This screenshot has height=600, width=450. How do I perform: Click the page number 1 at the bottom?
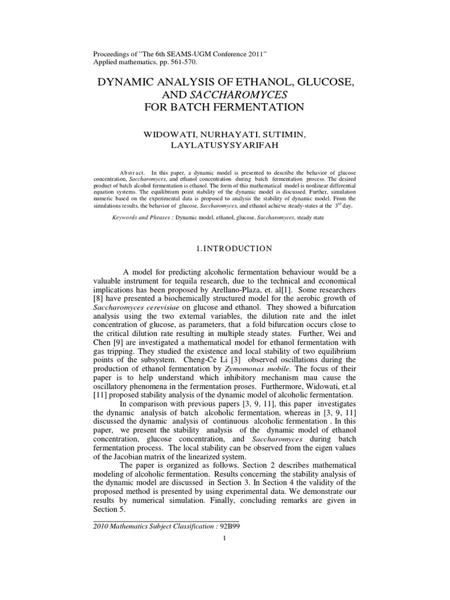(x=224, y=540)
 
